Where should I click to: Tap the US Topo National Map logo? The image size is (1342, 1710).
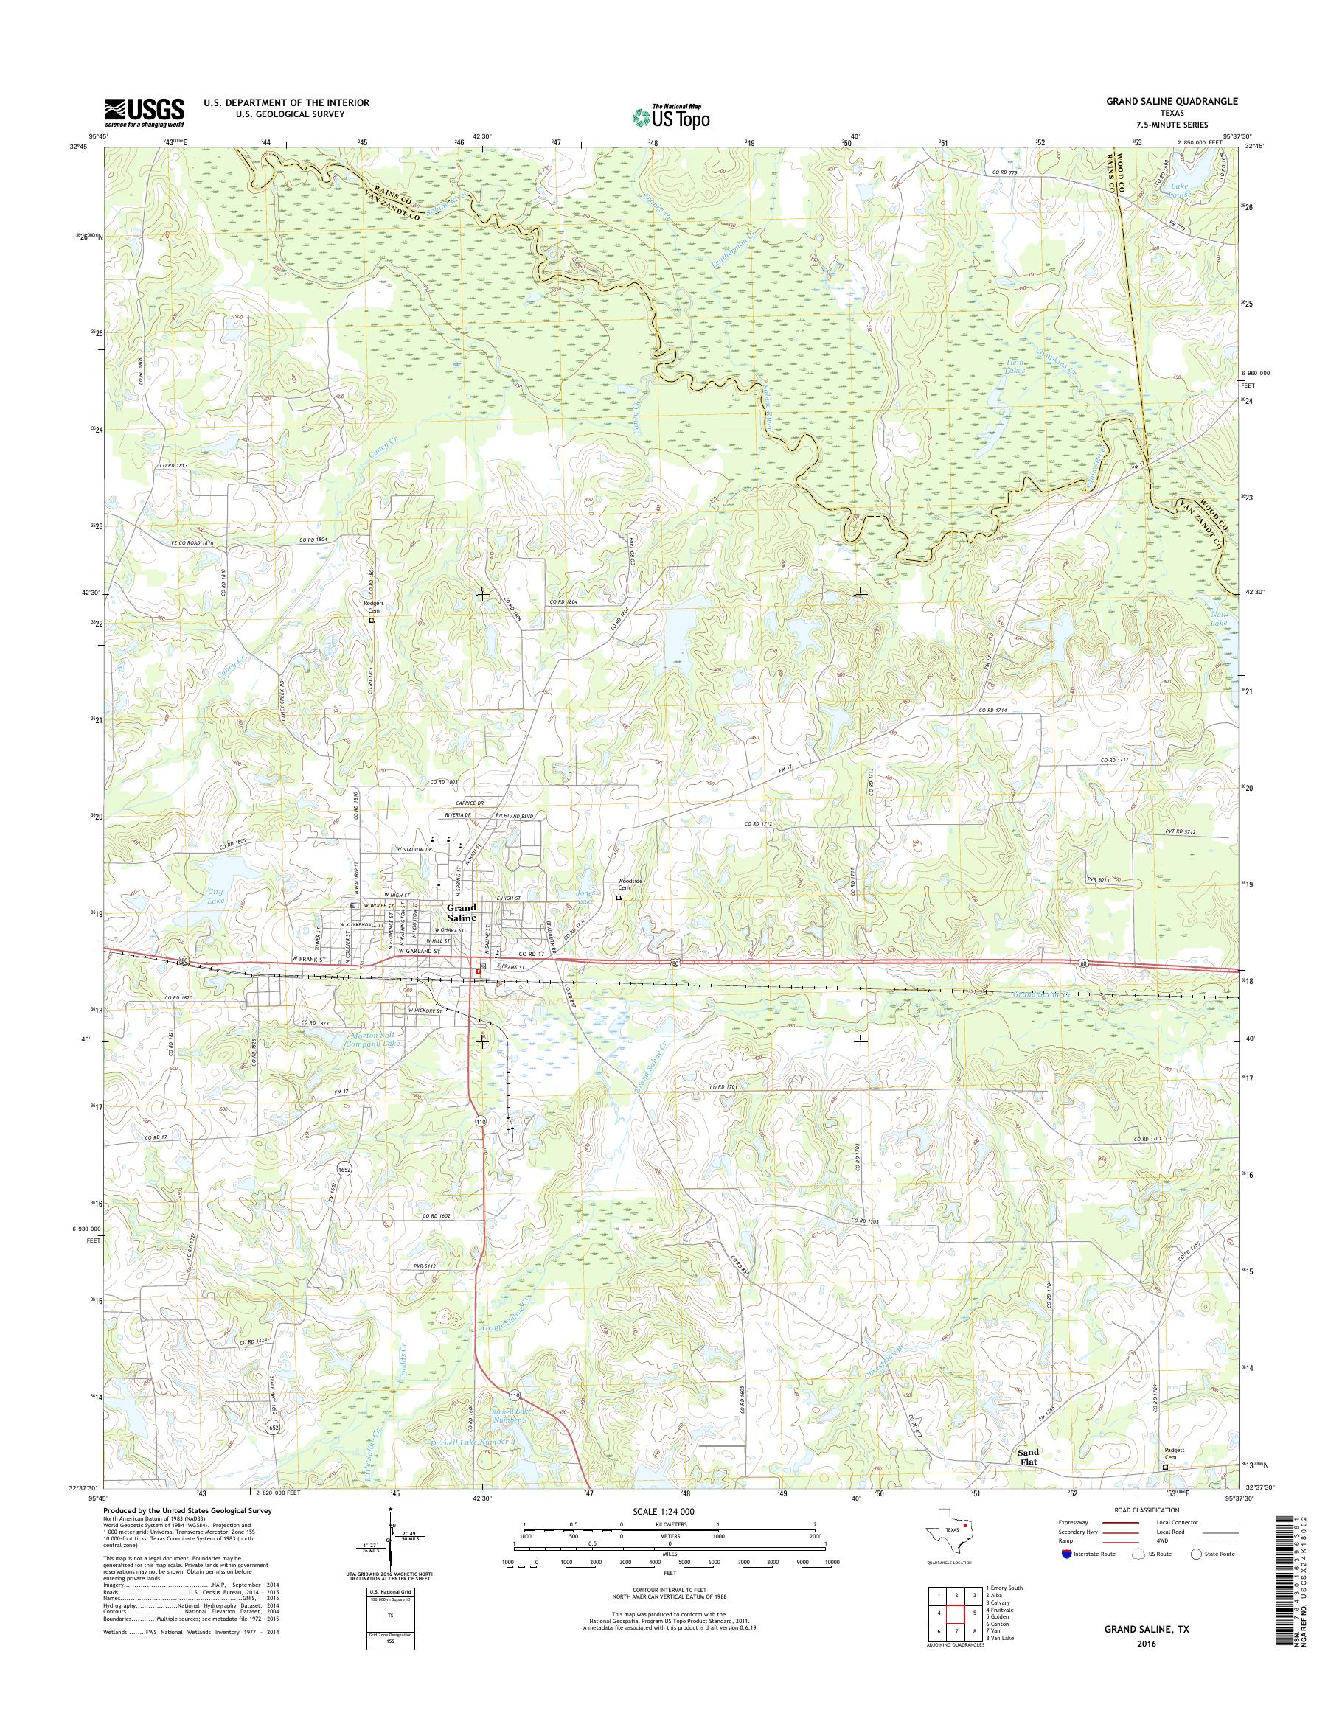tap(670, 116)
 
